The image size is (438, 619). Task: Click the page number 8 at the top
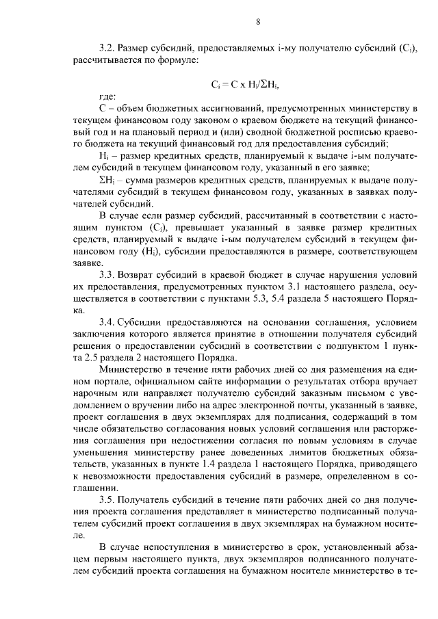click(257, 21)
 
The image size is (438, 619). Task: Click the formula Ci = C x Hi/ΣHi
click(246, 85)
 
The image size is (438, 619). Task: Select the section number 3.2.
click(107, 49)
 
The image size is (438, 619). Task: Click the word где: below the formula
click(107, 97)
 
